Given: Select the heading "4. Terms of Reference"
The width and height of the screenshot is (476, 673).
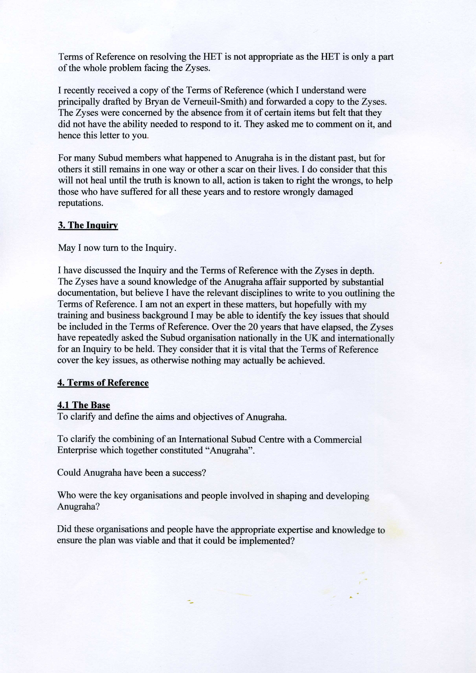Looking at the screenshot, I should pyautogui.click(x=103, y=383).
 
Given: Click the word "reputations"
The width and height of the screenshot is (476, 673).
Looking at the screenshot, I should pyautogui.click(x=81, y=203).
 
